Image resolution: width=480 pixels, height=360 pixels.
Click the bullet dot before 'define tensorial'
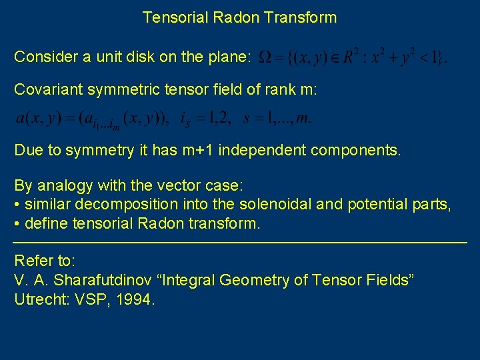(16, 223)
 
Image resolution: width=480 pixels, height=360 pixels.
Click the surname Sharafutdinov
(105, 280)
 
